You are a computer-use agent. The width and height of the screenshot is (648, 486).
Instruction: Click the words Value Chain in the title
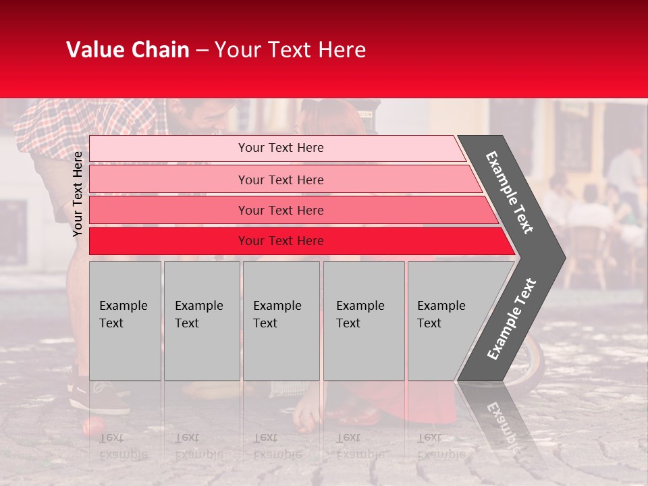[128, 50]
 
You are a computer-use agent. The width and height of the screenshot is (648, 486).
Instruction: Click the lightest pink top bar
[277, 148]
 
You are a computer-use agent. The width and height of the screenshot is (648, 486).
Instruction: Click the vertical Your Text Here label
[78, 194]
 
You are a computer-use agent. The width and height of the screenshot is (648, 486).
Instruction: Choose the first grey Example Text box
[125, 321]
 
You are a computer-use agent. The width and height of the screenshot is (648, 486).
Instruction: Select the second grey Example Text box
[201, 321]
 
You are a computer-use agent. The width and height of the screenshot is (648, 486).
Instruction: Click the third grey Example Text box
[281, 321]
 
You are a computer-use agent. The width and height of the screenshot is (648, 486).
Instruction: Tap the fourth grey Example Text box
[363, 321]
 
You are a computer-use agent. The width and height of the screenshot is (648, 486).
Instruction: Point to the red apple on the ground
[92, 426]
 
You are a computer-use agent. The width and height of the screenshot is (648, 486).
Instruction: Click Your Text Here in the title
[290, 50]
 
